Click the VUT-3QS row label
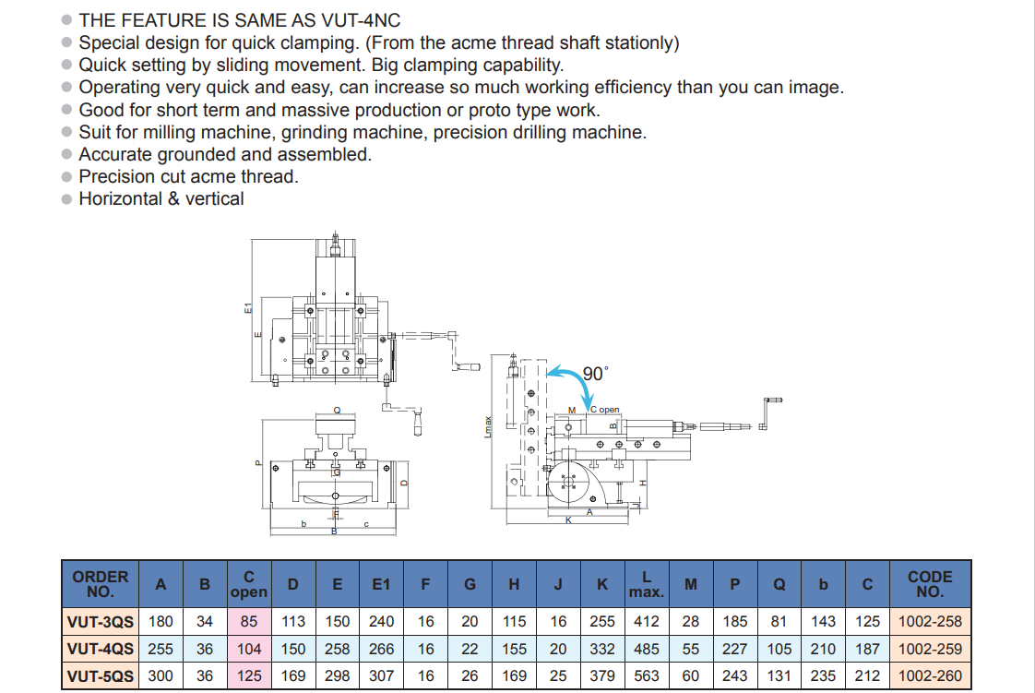click(x=100, y=622)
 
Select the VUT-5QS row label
click(x=100, y=675)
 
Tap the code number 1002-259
click(x=930, y=649)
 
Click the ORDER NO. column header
click(x=100, y=584)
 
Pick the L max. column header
click(x=646, y=584)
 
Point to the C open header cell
click(x=248, y=584)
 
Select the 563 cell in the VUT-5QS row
click(x=646, y=675)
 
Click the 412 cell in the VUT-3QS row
click(x=646, y=622)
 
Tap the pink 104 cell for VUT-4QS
click(x=249, y=649)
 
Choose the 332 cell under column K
click(x=602, y=649)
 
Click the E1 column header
click(x=381, y=584)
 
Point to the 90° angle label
click(x=596, y=374)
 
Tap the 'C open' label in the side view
click(x=604, y=409)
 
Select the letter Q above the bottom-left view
click(x=337, y=410)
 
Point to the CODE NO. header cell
click(x=930, y=584)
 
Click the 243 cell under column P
click(x=735, y=675)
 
